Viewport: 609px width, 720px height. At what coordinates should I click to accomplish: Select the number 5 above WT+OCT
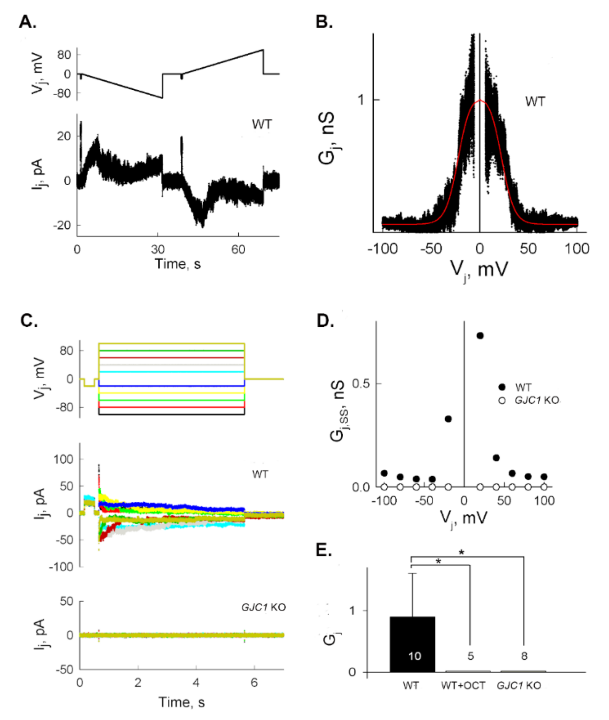tap(470, 655)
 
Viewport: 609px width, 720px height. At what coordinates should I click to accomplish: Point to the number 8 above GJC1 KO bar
tap(524, 655)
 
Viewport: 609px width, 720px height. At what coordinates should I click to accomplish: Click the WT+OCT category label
tap(463, 685)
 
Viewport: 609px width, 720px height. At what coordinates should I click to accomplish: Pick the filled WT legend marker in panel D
tap(502, 387)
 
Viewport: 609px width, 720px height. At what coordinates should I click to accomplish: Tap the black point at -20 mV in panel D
tap(448, 419)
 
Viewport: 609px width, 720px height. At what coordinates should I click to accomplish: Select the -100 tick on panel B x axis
tap(382, 249)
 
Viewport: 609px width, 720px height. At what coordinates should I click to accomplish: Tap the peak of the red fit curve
tap(480, 101)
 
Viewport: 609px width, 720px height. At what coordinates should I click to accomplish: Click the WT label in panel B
tap(535, 102)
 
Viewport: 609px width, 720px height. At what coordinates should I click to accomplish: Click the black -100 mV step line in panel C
tap(171, 414)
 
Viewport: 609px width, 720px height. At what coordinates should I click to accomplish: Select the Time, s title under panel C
tap(181, 702)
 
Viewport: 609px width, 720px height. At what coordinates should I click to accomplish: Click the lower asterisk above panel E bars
tap(438, 561)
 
